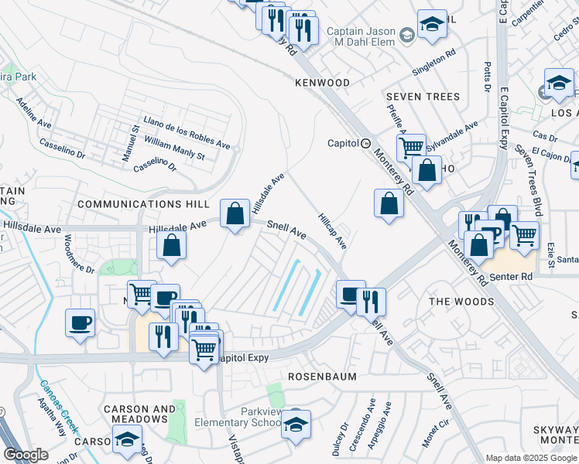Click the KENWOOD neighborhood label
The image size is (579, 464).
321,83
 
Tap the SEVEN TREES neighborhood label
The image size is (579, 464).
423,97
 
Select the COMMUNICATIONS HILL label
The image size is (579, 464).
143,204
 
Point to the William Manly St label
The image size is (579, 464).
174,149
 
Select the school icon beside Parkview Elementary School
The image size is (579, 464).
296,424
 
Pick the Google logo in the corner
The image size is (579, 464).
26,455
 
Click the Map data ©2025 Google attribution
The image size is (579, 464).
530,458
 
